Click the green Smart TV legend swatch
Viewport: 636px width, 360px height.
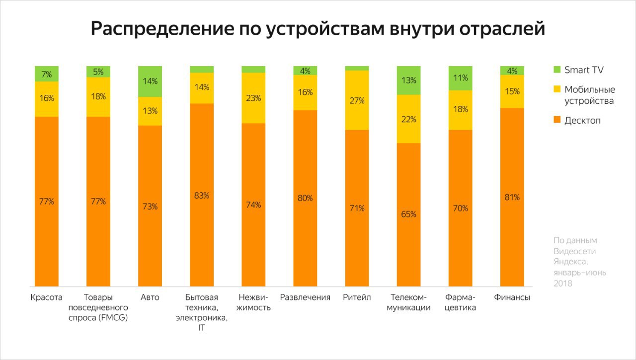557,70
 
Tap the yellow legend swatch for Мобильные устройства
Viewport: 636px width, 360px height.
557,89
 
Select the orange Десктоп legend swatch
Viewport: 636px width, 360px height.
557,120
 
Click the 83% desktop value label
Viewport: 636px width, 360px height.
202,196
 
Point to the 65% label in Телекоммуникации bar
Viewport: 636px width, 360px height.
408,214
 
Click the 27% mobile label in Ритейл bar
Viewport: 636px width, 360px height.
357,101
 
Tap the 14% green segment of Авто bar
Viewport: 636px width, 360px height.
150,82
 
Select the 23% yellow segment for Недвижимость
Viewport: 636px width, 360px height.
253,98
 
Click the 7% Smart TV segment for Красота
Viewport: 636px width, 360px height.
47,74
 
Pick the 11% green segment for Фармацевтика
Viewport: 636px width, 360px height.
460,78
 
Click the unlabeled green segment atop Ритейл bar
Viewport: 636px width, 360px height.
357,69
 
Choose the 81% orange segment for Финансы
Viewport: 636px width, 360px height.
512,197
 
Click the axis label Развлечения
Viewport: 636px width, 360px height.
305,297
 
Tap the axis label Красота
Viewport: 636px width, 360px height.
46,297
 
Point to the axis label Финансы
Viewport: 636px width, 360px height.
512,297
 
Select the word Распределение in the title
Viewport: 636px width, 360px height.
162,29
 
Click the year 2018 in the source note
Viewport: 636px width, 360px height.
563,284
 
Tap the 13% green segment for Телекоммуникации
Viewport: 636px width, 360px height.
408,80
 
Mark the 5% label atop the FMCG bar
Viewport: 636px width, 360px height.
98,72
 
